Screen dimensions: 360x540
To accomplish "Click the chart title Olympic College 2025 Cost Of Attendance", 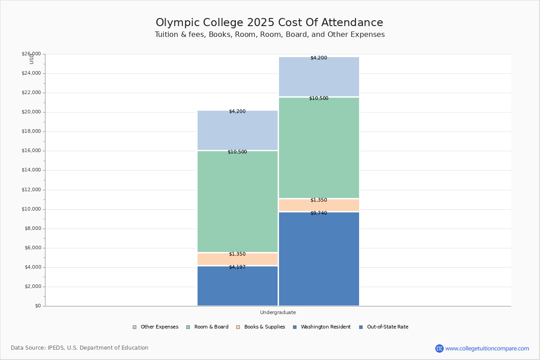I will [269, 23].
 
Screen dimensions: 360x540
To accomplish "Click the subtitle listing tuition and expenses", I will [269, 35].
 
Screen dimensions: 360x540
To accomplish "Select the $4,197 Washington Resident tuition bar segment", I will [238, 286].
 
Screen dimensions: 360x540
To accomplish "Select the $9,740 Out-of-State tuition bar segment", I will [319, 259].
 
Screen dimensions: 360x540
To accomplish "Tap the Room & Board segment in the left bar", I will [238, 202].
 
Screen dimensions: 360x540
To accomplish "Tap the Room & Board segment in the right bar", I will [319, 148].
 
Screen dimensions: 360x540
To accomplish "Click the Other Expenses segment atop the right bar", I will [319, 76].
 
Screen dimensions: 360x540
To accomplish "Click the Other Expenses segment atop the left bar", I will [238, 130].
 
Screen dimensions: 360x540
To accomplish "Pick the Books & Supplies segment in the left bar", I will [238, 259].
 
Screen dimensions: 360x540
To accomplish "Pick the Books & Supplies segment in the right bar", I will [319, 205].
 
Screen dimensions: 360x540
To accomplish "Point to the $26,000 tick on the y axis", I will [31, 54].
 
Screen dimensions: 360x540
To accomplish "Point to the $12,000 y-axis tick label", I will [31, 190].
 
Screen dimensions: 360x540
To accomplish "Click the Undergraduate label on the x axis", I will [278, 312].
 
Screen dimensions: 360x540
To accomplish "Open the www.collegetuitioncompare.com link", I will [487, 348].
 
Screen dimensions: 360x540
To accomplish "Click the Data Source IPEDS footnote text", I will [80, 348].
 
